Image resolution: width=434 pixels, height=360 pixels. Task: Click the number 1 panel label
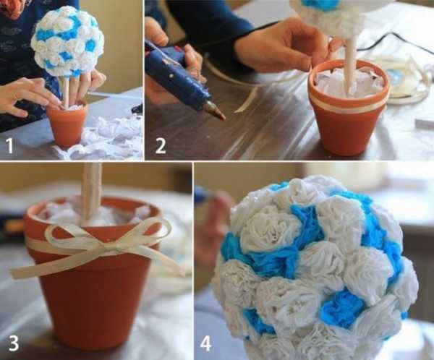(x=9, y=146)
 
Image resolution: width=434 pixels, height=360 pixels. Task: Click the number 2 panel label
(x=161, y=146)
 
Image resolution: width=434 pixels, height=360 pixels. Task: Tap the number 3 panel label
(x=14, y=343)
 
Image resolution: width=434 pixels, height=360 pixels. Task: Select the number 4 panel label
(x=206, y=344)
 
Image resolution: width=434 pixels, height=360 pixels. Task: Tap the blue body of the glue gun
(x=177, y=73)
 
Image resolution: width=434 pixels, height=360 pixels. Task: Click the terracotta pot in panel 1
(x=67, y=124)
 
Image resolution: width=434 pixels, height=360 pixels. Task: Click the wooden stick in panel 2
(x=351, y=63)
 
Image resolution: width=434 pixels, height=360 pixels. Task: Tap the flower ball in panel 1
(x=68, y=40)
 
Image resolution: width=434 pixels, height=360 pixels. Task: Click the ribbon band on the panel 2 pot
(x=349, y=103)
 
